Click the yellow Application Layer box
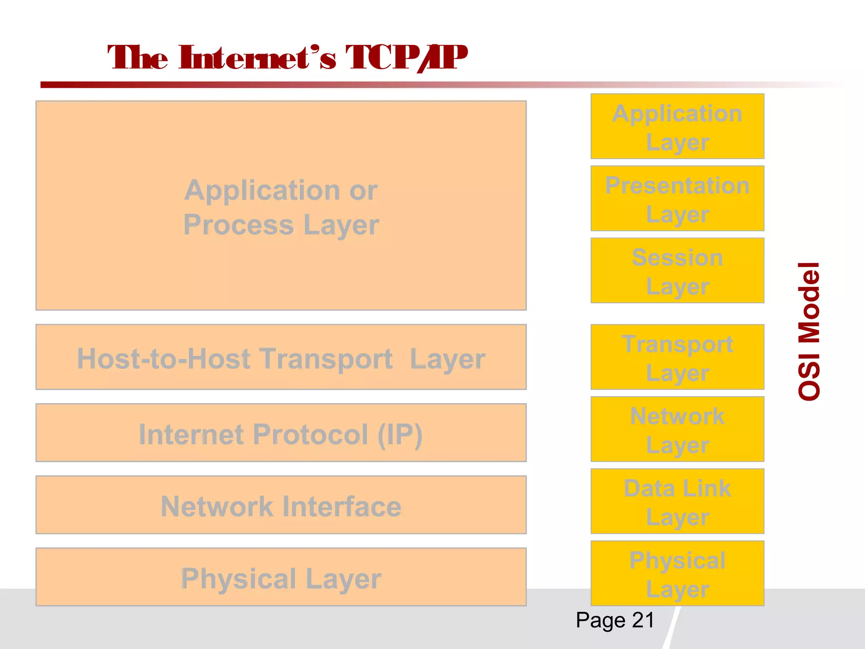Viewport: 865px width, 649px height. (677, 126)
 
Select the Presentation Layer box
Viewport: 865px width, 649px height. (677, 199)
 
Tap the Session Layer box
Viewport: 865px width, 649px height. (677, 270)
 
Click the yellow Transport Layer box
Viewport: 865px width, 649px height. (677, 357)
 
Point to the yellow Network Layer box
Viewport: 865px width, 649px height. (677, 429)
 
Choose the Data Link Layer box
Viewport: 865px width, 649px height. (677, 502)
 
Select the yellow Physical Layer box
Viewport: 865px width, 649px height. (677, 573)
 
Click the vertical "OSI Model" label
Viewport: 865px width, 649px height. (809, 331)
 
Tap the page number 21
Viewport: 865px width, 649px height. (643, 620)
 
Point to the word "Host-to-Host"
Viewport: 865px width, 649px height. (163, 359)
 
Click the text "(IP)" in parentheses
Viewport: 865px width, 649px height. (400, 435)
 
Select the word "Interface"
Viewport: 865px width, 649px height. (342, 507)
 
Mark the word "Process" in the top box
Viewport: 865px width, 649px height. (238, 225)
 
